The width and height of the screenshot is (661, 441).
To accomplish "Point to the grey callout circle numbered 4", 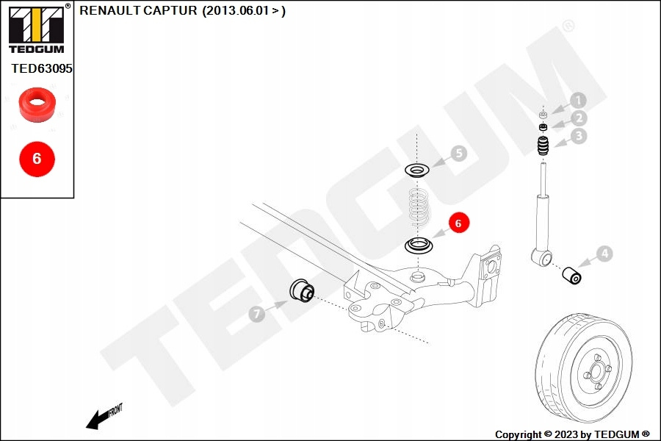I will click(603, 254).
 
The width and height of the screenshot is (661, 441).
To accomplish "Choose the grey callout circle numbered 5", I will click(458, 154).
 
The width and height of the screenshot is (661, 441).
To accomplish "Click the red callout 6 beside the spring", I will click(458, 223).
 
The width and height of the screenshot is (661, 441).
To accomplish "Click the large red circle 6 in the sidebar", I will click(37, 158).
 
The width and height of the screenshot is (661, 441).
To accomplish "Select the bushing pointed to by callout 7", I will click(302, 290).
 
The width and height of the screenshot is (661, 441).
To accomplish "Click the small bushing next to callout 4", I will click(572, 276).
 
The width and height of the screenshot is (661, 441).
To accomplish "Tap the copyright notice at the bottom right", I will click(572, 434).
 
